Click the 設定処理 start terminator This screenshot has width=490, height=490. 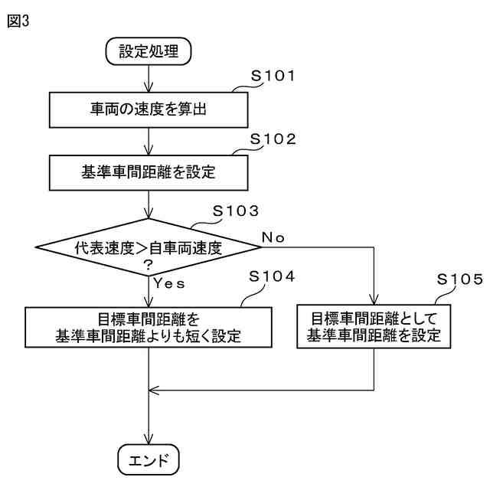pyautogui.click(x=148, y=52)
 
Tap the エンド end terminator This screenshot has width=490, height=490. pyautogui.click(x=148, y=459)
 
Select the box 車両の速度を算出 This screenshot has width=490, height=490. pyautogui.click(x=148, y=109)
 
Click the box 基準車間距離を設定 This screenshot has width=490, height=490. pyautogui.click(x=148, y=172)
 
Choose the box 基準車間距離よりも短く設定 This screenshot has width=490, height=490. pyautogui.click(x=148, y=327)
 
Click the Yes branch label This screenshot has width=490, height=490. pyautogui.click(x=170, y=283)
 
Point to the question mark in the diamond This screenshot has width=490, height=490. pyautogui.click(x=148, y=264)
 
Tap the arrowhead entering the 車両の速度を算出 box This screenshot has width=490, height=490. pyautogui.click(x=148, y=88)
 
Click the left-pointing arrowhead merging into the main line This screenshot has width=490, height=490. pyautogui.click(x=154, y=390)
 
